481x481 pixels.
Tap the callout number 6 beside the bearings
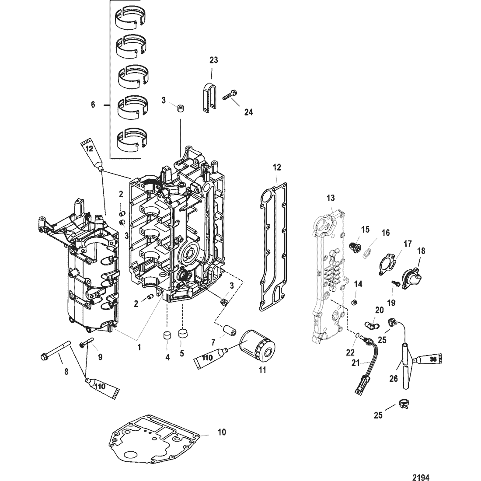93,105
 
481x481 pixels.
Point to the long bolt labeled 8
56,350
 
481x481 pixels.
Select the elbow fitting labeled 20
372,323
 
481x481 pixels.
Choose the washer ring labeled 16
367,254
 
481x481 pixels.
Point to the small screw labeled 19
395,283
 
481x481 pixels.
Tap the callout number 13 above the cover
331,199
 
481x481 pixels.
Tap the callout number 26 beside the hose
394,379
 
